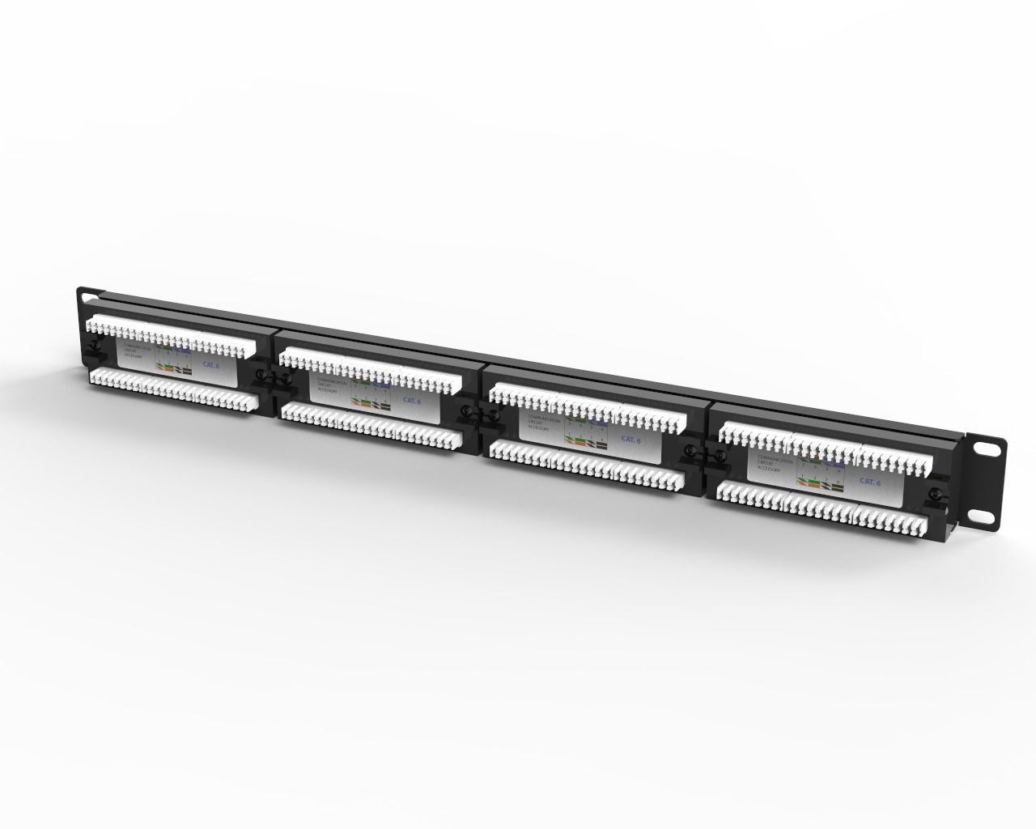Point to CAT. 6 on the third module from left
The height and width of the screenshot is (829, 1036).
point(631,439)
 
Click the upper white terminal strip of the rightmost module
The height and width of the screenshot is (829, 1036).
point(826,449)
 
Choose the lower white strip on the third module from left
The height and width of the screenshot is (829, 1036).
point(587,466)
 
